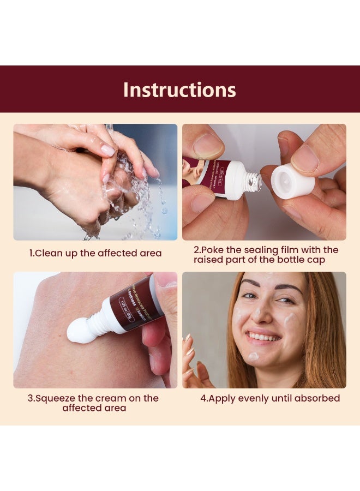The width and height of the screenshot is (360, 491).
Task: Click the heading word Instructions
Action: pyautogui.click(x=179, y=89)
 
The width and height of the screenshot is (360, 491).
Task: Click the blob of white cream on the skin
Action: pyautogui.click(x=81, y=333)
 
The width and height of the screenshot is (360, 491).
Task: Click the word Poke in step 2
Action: pyautogui.click(x=217, y=250)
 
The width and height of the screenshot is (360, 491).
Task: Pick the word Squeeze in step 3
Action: pyautogui.click(x=56, y=398)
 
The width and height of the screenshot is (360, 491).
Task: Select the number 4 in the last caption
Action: pyautogui.click(x=203, y=398)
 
